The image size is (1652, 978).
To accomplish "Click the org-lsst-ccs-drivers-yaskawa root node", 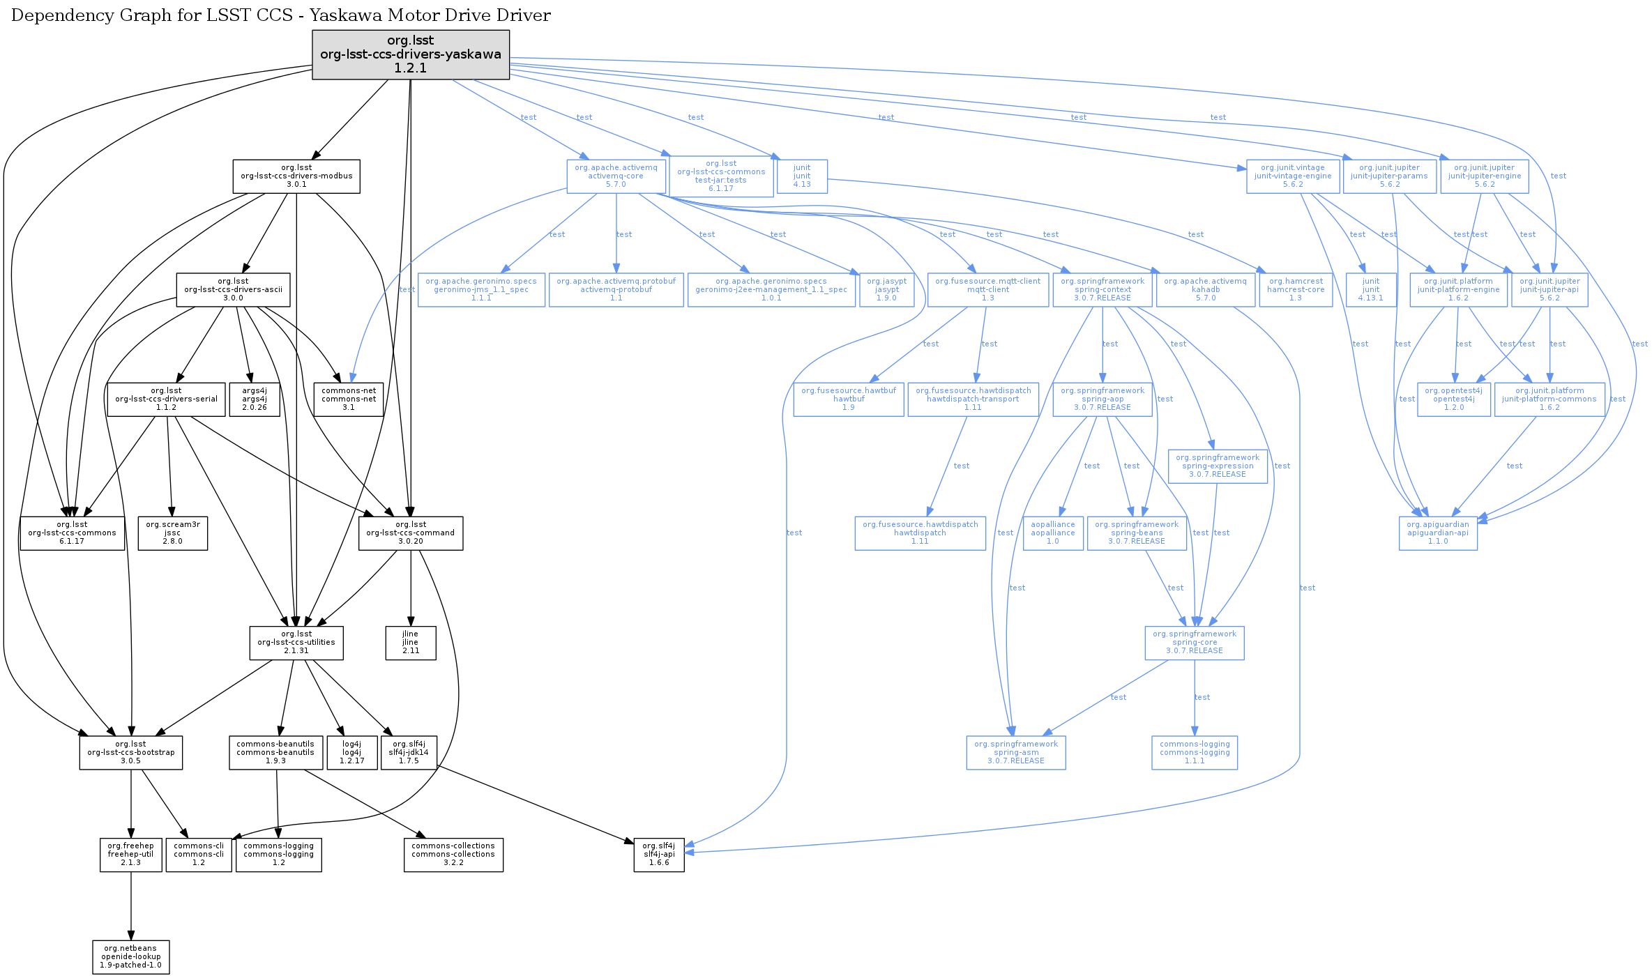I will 410,54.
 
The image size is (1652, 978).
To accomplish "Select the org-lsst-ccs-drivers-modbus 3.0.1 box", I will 296,176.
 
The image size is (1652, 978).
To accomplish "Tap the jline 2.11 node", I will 411,643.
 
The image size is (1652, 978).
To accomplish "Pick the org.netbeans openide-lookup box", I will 130,957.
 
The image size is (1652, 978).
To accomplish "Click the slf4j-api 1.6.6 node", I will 659,855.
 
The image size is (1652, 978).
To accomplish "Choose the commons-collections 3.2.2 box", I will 453,855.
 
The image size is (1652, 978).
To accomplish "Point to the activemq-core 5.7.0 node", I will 616,176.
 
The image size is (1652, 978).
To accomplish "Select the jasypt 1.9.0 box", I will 886,290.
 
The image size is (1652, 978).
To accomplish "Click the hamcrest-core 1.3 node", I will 1295,290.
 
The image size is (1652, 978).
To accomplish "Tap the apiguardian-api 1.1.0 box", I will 1437,533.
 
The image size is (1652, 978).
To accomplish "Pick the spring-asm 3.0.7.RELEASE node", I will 1015,753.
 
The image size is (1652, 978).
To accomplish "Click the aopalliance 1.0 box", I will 1052,533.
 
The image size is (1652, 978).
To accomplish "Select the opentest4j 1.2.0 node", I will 1453,399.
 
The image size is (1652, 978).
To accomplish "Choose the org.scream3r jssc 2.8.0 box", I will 173,533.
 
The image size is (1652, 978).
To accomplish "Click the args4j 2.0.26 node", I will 255,399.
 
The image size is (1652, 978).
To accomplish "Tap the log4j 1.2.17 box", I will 352,753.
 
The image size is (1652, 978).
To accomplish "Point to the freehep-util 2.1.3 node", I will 130,855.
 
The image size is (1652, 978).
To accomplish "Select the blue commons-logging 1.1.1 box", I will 1195,753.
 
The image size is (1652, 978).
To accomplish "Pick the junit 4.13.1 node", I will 1370,290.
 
